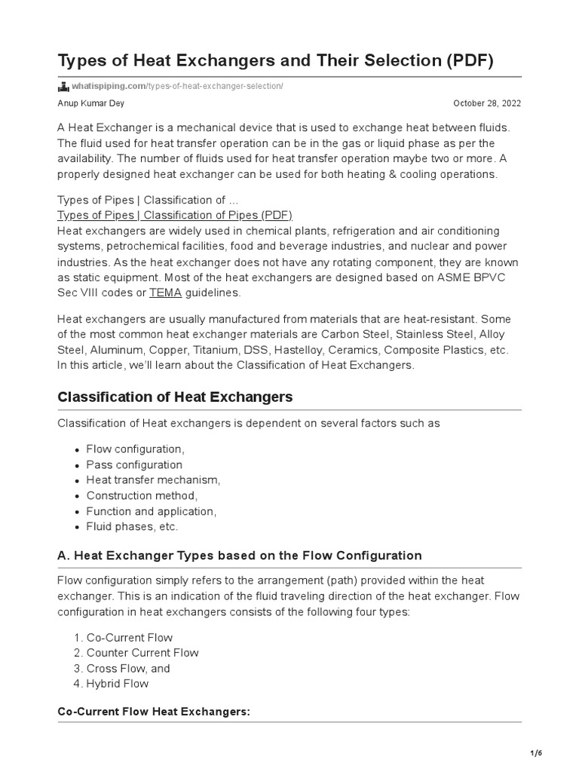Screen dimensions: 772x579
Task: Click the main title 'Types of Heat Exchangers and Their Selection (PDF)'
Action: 275,60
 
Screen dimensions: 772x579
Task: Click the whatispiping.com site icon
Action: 63,86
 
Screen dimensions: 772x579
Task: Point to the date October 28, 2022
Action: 497,103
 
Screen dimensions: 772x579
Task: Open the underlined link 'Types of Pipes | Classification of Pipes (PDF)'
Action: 174,215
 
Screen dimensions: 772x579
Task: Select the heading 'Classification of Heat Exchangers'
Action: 175,397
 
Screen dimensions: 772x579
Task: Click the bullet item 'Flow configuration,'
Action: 135,449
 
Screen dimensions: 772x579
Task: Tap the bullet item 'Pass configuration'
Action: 134,465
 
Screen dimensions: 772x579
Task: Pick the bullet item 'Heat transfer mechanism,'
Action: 153,480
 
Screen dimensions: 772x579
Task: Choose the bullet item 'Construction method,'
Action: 142,496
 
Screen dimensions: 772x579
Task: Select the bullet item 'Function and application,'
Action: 151,511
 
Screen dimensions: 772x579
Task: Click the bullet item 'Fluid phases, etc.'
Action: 133,527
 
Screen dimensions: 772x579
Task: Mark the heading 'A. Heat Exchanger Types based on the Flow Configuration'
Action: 239,556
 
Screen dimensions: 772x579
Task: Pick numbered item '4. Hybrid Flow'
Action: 117,684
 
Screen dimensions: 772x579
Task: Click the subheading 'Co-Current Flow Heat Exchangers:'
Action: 154,712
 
